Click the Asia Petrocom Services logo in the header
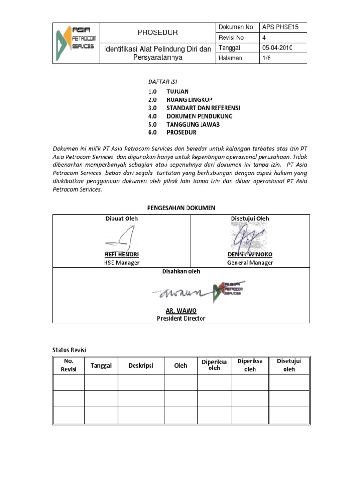pos(76,43)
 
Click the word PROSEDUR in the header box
pos(157,32)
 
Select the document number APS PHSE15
pos(277,28)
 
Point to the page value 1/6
pos(267,58)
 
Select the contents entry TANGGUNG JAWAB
pos(193,124)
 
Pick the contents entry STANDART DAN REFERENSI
pos(203,108)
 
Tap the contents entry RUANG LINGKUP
pos(189,100)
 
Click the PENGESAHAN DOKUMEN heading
pos(181,208)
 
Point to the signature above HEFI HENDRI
pos(121,238)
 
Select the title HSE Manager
pos(121,262)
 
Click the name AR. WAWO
pos(181,310)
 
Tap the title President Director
pos(181,318)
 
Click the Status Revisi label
pos(69,350)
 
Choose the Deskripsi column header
pos(141,365)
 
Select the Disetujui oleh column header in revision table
pos(289,365)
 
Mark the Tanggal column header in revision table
pos(101,365)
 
